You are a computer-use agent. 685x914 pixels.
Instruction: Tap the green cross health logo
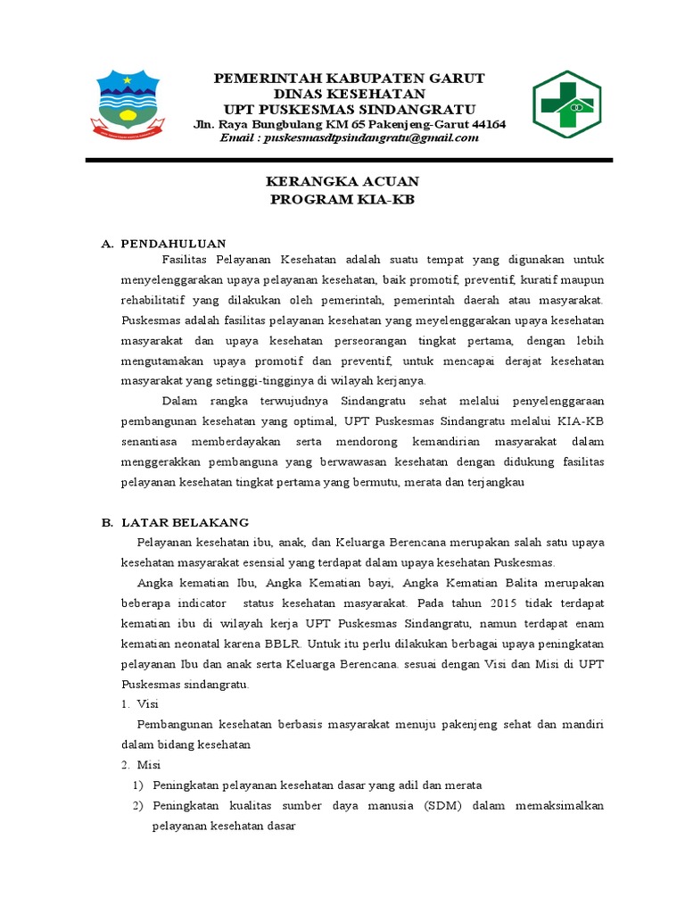(566, 105)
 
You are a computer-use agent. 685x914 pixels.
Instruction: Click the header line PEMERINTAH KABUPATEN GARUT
(349, 79)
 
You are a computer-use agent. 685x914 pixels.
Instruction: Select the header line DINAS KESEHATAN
(349, 94)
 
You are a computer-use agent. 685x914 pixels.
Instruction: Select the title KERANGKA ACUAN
(342, 182)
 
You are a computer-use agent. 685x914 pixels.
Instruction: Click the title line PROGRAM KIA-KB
(342, 199)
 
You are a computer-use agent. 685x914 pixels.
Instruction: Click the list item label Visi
(146, 704)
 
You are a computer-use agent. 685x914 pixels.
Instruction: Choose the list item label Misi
(147, 765)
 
